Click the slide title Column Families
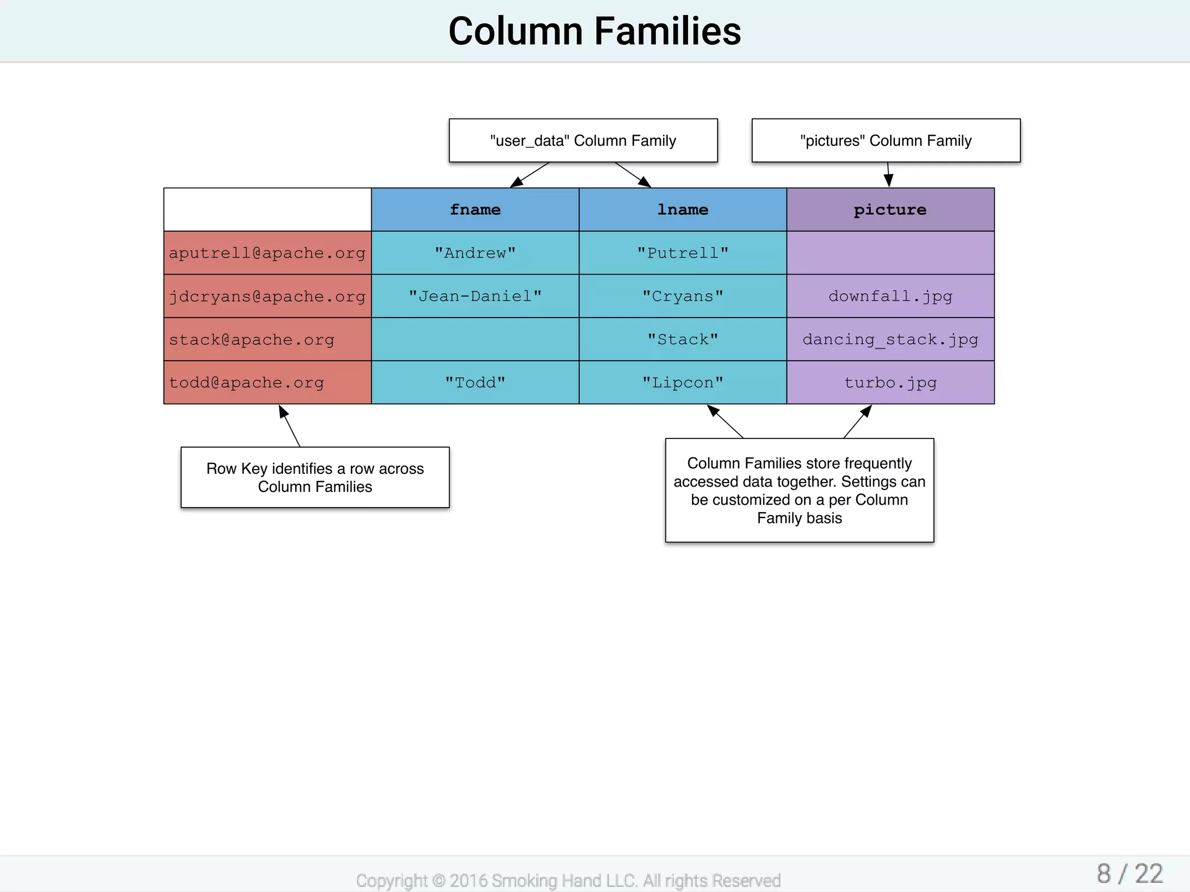(594, 31)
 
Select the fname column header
(475, 210)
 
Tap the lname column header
(682, 210)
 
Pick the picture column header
(890, 210)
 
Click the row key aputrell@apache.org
(267, 253)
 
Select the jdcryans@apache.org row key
(267, 296)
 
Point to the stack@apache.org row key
(252, 340)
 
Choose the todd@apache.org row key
(246, 383)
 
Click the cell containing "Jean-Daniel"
(475, 296)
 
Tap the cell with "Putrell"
(682, 253)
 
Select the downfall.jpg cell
(890, 296)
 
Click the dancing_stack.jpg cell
(890, 340)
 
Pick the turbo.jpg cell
(890, 383)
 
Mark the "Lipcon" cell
(682, 383)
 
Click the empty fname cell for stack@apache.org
(475, 340)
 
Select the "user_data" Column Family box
(583, 141)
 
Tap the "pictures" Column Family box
(886, 141)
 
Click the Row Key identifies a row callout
(315, 477)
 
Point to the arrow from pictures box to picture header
(888, 175)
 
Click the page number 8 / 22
(1129, 874)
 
